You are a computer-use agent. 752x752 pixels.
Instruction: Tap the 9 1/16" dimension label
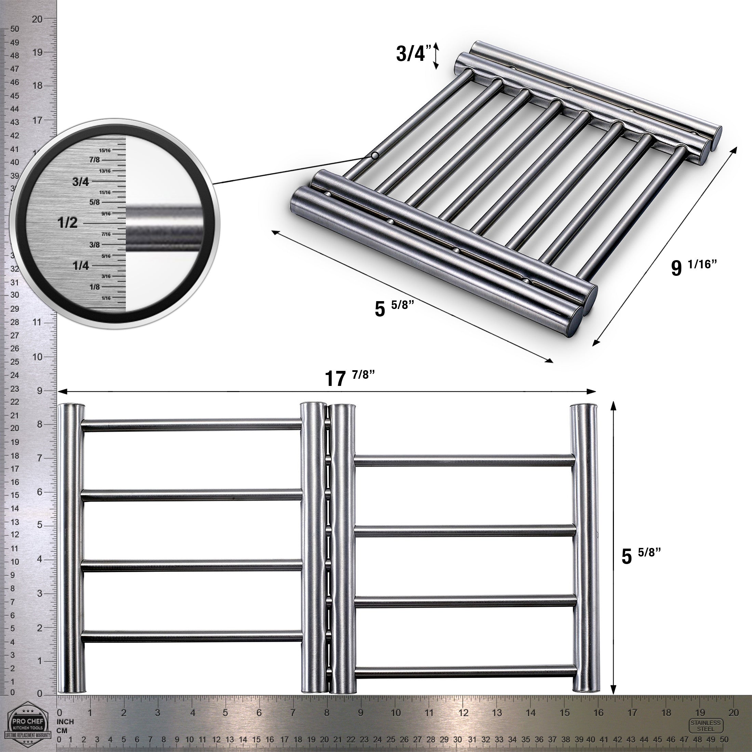(694, 267)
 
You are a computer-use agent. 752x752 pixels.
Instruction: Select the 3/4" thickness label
(413, 54)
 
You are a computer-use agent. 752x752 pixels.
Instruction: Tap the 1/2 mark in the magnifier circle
(68, 223)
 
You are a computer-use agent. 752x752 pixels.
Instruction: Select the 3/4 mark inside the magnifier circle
(81, 182)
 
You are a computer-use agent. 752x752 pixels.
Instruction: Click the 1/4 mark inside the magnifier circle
(81, 266)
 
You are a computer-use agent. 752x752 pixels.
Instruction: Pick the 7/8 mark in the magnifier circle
(94, 160)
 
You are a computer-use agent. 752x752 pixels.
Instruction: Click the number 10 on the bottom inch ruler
(395, 713)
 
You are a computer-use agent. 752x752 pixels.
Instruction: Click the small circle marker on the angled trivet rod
(374, 156)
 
